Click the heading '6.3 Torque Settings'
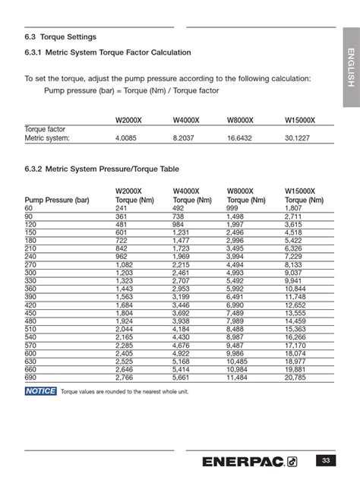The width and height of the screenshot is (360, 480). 60,36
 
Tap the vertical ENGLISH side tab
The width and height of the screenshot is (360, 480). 350,68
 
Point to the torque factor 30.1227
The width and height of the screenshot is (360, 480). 300,138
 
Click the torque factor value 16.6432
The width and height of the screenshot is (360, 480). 242,138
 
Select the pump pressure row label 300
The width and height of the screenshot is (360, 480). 30,272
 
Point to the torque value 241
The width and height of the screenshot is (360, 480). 121,208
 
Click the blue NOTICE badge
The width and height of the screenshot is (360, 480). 40,391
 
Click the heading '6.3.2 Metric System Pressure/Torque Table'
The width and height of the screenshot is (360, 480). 102,169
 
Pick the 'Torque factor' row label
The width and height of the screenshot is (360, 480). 46,129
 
